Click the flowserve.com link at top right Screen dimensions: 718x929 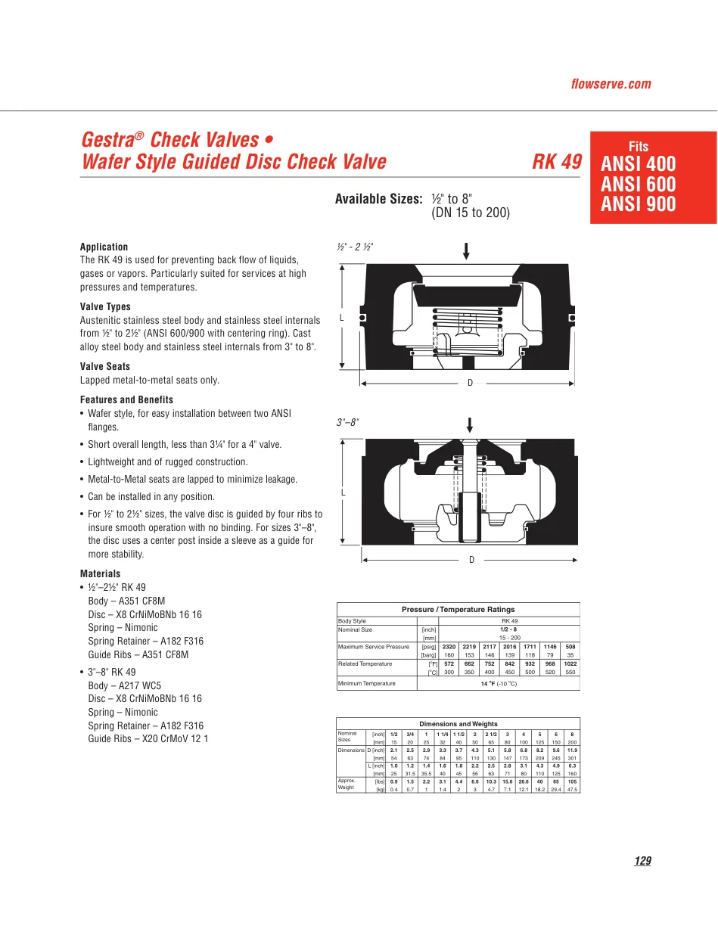(611, 84)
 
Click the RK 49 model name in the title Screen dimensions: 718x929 (557, 162)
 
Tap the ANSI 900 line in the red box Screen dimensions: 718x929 (638, 204)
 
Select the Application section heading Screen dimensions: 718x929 (104, 247)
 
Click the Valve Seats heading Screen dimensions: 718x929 (105, 366)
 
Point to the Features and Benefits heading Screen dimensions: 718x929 (126, 399)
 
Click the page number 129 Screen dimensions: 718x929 (643, 861)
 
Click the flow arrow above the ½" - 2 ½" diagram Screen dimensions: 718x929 (466, 251)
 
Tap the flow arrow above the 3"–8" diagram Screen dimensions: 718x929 (470, 425)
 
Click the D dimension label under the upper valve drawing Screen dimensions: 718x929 (470, 383)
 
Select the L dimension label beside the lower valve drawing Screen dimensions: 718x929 (343, 492)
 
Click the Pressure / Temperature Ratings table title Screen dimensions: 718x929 (458, 609)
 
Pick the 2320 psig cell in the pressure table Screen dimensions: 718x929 (449, 647)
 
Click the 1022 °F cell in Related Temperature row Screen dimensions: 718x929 (570, 663)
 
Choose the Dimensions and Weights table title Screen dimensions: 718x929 (458, 724)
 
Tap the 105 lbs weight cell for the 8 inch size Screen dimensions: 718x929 (572, 781)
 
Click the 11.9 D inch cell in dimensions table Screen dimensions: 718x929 (572, 750)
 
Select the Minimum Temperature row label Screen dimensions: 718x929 (367, 683)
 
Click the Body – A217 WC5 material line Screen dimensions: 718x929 (124, 685)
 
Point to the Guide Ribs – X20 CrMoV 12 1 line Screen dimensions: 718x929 (148, 738)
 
